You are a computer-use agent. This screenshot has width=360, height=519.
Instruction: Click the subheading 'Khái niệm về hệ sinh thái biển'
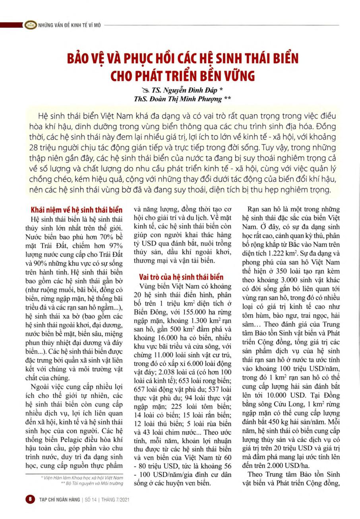point(77,210)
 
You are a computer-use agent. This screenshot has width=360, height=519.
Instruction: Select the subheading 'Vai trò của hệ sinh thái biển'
point(181,277)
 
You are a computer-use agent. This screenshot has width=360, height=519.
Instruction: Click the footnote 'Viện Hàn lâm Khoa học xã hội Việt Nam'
point(88,476)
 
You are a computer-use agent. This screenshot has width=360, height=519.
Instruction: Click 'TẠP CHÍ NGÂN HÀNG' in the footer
point(59,500)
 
